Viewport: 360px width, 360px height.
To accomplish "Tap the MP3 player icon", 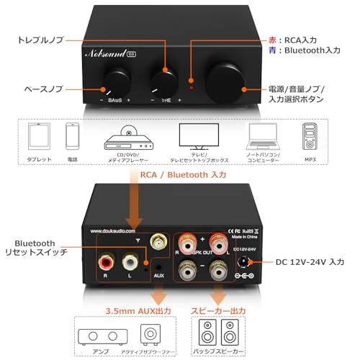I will click(307, 136).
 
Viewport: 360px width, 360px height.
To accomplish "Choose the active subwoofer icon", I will click(150, 333).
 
